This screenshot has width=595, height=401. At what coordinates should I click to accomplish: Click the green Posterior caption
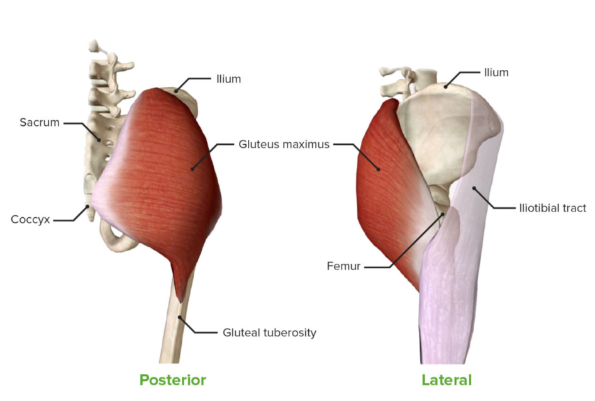click(x=173, y=380)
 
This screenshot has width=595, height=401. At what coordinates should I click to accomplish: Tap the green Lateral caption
click(x=447, y=380)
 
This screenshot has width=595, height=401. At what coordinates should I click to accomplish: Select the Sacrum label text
click(x=40, y=122)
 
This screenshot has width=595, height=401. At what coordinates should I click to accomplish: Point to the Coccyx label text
click(x=30, y=220)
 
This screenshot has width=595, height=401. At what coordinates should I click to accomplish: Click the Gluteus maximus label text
click(x=284, y=144)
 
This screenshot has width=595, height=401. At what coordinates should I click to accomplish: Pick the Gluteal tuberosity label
click(x=269, y=332)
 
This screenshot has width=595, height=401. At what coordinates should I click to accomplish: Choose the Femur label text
click(x=343, y=266)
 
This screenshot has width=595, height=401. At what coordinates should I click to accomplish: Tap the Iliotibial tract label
click(x=552, y=208)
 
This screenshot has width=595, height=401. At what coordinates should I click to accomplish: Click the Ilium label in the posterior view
click(x=228, y=79)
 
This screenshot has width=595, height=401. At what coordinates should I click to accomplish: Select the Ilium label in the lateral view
click(x=496, y=72)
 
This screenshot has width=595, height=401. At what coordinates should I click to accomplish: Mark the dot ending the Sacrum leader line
click(x=99, y=140)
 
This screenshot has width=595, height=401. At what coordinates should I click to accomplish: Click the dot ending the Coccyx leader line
click(x=87, y=206)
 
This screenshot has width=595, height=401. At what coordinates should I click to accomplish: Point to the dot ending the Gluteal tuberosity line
click(x=179, y=317)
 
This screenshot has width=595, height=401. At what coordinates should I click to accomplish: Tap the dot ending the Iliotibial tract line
click(x=474, y=188)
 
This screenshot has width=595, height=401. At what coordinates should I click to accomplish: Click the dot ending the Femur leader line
click(x=442, y=215)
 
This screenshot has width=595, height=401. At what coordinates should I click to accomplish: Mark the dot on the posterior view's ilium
click(x=176, y=91)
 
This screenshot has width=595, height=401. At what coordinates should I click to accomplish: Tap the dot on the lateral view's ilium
click(x=447, y=86)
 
